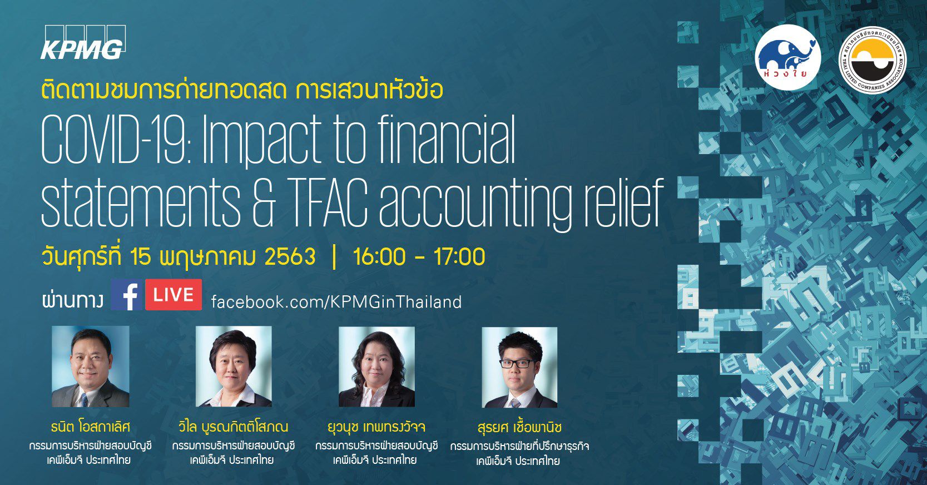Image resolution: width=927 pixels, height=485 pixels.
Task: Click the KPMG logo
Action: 83,42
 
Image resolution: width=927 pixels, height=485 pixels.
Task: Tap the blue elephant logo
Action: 787,57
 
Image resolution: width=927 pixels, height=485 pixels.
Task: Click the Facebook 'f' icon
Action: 127,295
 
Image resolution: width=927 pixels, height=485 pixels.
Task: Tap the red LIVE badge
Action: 173,295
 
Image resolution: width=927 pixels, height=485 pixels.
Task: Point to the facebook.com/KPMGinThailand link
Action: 336,301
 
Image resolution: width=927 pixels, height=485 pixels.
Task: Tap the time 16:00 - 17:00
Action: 419,256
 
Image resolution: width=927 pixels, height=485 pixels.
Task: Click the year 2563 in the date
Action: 290,256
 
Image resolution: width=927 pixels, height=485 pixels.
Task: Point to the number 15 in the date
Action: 140,256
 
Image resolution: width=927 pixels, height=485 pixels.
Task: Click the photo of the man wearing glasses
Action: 519,368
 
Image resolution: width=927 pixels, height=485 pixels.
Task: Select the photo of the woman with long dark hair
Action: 376,367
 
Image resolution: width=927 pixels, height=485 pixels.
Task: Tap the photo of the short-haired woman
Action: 234,367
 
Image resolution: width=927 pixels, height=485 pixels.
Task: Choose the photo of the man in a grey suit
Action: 90,366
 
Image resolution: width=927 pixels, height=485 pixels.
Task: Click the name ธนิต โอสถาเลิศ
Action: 91,427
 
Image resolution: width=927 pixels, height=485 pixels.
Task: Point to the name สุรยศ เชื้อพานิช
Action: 519,427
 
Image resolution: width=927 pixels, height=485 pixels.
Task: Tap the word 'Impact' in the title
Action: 261,141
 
